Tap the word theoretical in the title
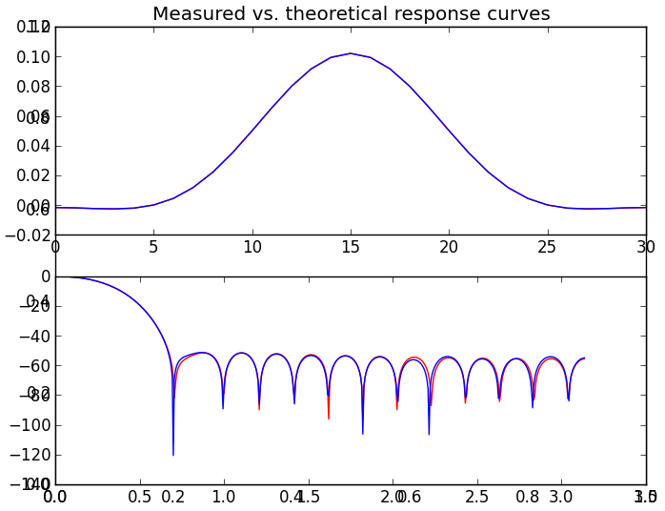tap(329, 14)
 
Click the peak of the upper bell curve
tap(351, 53)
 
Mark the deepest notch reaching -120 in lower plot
tap(173, 455)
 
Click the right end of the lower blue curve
tap(584, 358)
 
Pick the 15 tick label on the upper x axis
tap(351, 248)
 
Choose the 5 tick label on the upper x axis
tap(153, 248)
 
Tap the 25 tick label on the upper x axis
tap(547, 248)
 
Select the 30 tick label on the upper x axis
tap(645, 248)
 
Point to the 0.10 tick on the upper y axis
tap(33, 57)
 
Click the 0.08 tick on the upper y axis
tap(33, 87)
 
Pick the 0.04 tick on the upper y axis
tap(33, 146)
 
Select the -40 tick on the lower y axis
tap(34, 336)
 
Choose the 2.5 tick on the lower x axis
tap(476, 497)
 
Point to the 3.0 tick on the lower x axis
tap(561, 497)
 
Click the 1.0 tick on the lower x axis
tap(224, 497)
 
